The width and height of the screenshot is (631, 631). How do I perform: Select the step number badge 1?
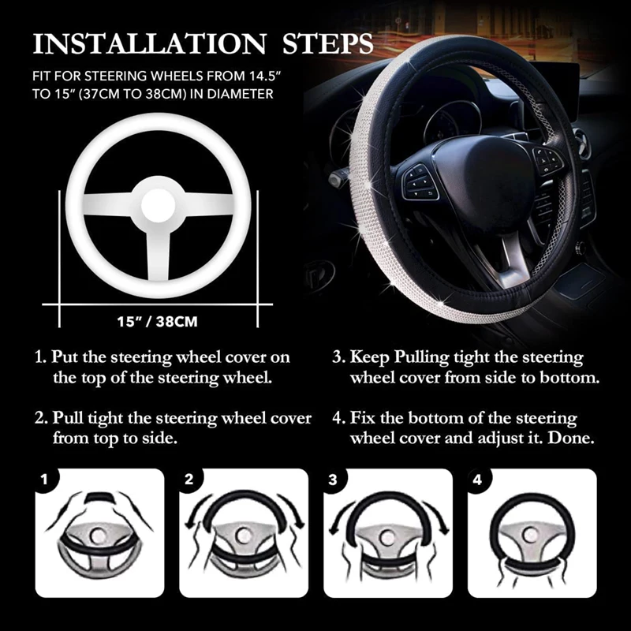(x=45, y=479)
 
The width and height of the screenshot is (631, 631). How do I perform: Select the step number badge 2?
(x=189, y=479)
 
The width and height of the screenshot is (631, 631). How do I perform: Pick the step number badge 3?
(x=333, y=479)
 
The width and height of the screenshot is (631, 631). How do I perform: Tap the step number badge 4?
(x=476, y=479)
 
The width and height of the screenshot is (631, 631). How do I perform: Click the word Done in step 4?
(x=573, y=437)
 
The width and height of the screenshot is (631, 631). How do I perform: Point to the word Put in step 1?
(x=67, y=357)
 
